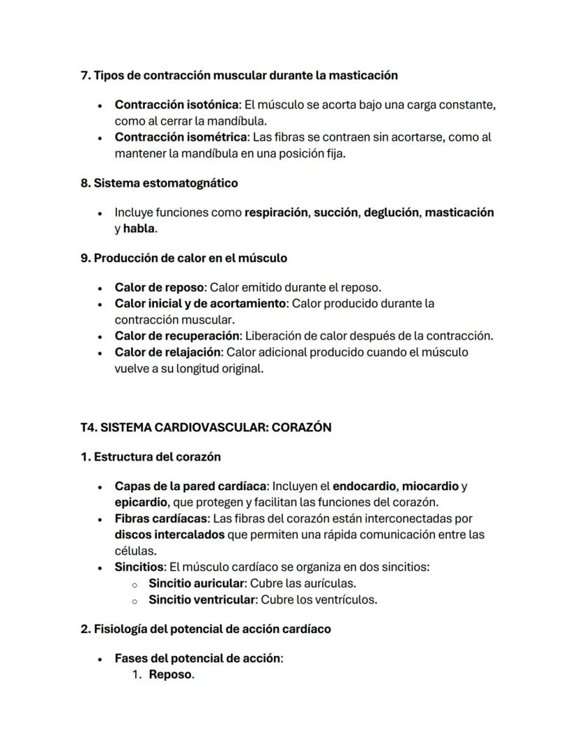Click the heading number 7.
coord(85,75)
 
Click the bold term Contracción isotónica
coord(177,104)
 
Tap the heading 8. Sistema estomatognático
coord(159,183)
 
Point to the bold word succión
coord(334,212)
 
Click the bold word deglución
coord(390,212)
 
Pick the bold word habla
coord(139,228)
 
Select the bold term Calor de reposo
coord(159,287)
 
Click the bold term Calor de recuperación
coord(177,335)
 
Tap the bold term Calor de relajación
coord(168,352)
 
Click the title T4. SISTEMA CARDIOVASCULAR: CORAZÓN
coord(206,427)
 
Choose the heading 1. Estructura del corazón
coord(151,457)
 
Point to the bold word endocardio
coord(364,486)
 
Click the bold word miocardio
coord(429,486)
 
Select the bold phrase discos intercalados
coord(170,534)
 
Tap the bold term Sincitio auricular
coord(195,583)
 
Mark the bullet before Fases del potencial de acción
coord(101,659)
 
